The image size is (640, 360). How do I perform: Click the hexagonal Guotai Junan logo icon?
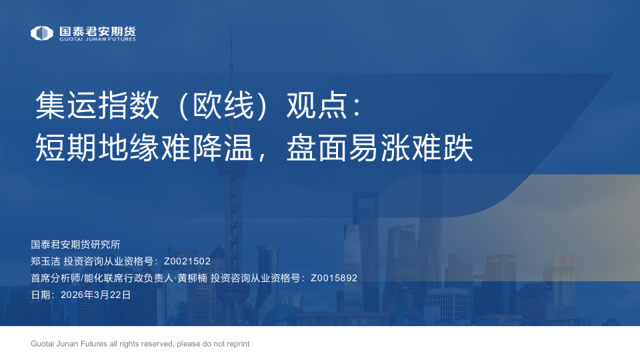tap(42, 33)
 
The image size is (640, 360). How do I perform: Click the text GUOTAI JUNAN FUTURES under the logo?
tap(97, 39)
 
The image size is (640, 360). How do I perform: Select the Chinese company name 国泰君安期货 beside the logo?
tap(97, 31)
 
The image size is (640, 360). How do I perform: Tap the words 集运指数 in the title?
tap(97, 105)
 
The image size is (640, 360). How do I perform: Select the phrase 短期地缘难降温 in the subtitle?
tap(144, 147)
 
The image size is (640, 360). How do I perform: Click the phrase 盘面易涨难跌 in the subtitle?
tap(379, 147)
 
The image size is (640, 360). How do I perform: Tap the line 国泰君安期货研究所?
tap(75, 245)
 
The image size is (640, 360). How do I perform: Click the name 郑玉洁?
tap(45, 261)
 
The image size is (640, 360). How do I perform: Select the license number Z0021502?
tap(187, 261)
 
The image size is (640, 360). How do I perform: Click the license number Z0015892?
tap(334, 278)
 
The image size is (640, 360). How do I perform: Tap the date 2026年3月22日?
tap(95, 295)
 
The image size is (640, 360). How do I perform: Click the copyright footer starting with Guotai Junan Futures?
tap(140, 344)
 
